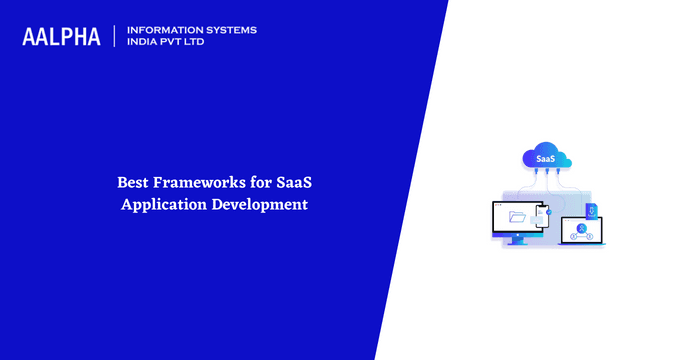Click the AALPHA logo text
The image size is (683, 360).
[61, 37]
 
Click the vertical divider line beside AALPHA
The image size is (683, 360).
[115, 37]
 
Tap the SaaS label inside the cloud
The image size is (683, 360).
[546, 159]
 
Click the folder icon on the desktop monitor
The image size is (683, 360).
[517, 216]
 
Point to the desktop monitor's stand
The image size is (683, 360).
[516, 240]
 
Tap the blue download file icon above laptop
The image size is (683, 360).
[590, 209]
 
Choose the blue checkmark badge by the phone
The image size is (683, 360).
[549, 212]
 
